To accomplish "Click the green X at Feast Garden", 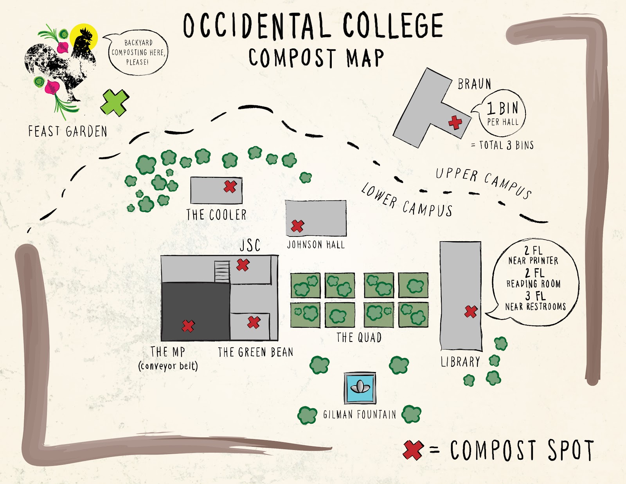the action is [x=115, y=103].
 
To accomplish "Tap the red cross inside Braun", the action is [x=455, y=123].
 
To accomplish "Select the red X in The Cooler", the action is [x=230, y=186].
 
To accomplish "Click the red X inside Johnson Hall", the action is [x=297, y=226].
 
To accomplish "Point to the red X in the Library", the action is [x=471, y=312].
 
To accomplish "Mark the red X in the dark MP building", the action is [x=188, y=326].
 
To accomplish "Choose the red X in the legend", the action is [x=413, y=450].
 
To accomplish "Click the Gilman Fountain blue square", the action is [x=360, y=388].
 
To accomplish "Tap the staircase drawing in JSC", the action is [x=222, y=271].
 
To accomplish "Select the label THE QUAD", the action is [x=359, y=338].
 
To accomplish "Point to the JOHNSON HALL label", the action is [x=316, y=245].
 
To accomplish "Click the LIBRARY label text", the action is [x=461, y=362].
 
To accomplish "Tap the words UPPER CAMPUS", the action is [x=484, y=183].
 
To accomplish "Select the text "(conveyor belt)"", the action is [x=168, y=366].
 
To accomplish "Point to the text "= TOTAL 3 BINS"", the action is [x=502, y=145].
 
